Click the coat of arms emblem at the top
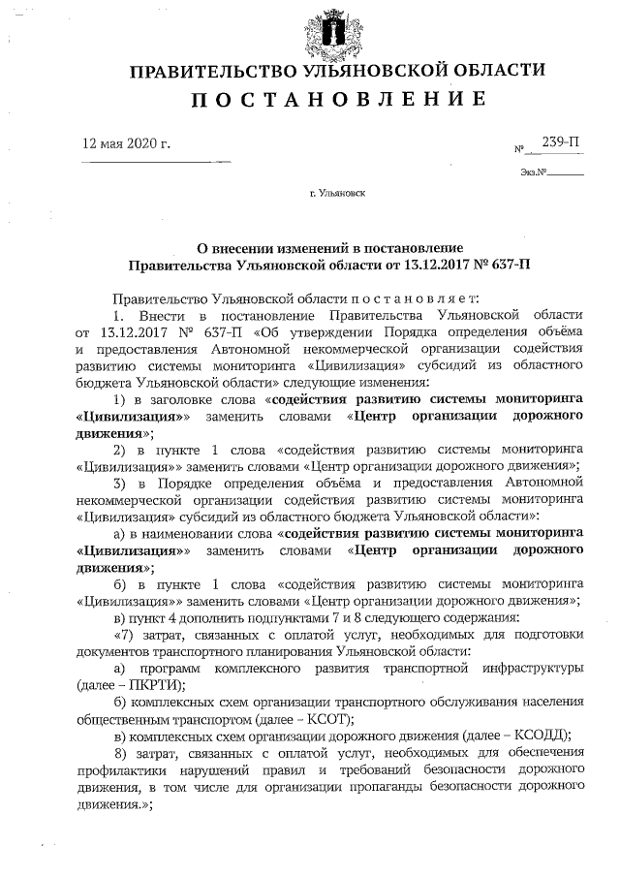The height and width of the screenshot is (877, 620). tap(310, 29)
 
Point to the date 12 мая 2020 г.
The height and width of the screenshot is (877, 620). tap(127, 143)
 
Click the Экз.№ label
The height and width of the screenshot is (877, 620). tap(534, 173)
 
